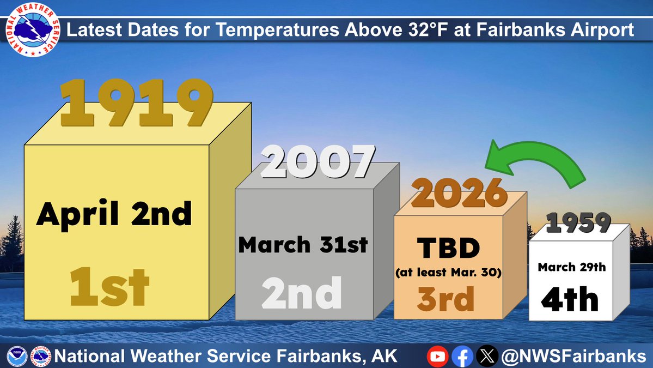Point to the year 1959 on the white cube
coord(578,222)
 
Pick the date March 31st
coord(303,245)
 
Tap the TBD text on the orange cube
coord(448,249)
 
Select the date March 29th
coord(571,267)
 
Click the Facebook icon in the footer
coord(462,357)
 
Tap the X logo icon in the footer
coord(486,357)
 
